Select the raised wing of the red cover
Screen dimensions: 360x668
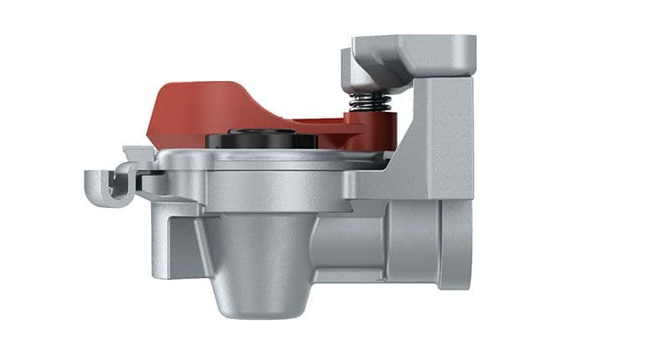[200, 100]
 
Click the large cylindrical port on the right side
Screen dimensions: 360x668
[417, 242]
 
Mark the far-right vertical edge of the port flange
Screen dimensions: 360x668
[470, 242]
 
